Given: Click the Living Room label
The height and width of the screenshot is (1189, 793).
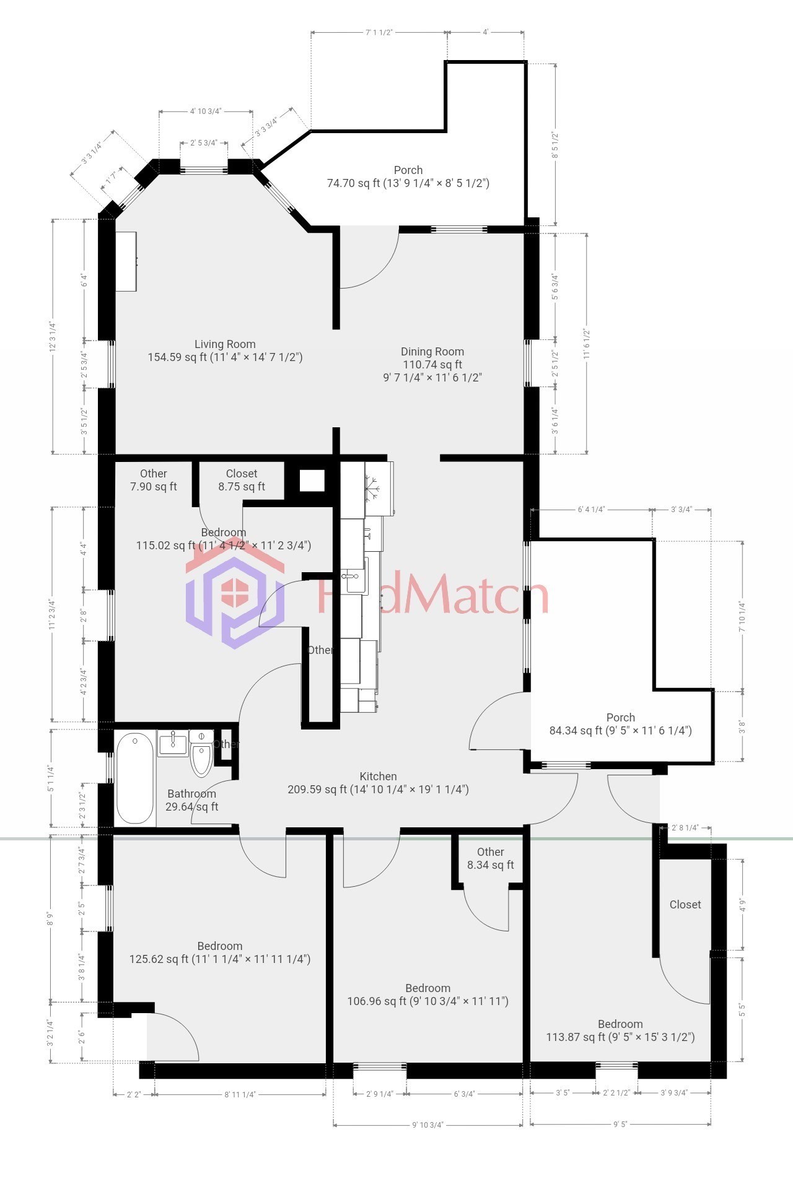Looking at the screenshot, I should pos(225,351).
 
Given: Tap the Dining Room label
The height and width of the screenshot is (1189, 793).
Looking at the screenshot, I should pos(432,364).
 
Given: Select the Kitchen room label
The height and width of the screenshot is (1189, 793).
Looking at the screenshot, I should pos(378,783).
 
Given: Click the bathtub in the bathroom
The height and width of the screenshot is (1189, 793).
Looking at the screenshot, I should pos(135,778).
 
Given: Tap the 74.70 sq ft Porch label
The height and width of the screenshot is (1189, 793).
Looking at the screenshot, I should pos(408,176).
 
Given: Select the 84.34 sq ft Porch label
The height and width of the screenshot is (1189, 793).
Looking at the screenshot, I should pos(620,724).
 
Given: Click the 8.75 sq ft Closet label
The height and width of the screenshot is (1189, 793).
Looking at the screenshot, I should pos(242,480).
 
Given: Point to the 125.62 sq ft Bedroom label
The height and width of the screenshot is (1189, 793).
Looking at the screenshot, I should pos(220,952).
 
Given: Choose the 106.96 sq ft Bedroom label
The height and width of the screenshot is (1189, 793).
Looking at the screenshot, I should pos(427,995).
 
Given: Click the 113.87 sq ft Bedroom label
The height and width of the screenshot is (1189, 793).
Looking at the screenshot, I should pos(620,1030).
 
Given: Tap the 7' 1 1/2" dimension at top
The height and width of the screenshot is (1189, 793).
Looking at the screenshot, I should pos(379,32).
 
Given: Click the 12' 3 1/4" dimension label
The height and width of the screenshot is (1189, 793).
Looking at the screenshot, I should pos(53,336).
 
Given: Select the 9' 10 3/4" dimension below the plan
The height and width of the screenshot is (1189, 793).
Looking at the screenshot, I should pos(427,1125).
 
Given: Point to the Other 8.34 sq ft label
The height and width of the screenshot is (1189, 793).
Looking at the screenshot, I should pos(490,858).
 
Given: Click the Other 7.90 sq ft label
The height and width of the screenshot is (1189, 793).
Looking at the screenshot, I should pos(153,480).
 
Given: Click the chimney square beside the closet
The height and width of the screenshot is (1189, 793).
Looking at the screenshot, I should pos(312,481).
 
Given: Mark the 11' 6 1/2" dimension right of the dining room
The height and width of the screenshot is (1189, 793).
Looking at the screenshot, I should pos(586,344).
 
